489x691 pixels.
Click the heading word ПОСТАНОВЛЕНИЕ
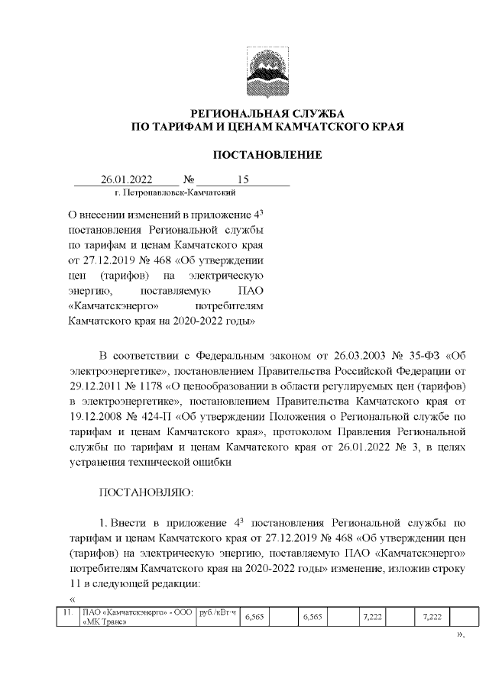(267, 155)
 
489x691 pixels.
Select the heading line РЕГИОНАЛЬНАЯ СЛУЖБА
(267, 113)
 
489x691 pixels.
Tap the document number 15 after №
(243, 180)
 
